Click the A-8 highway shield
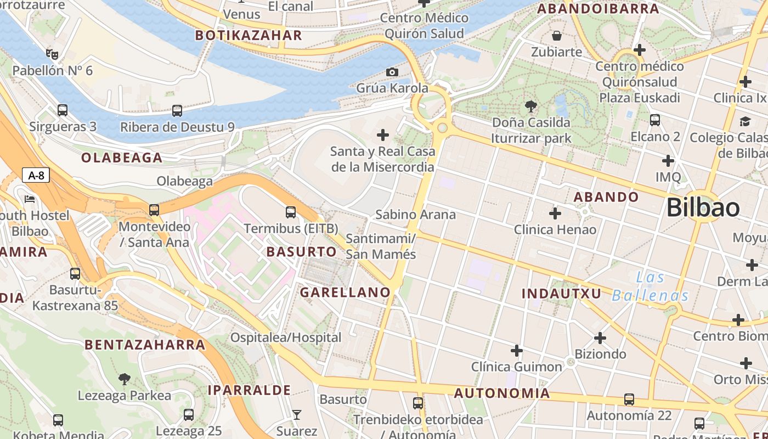pos(36,176)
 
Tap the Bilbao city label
pos(703,208)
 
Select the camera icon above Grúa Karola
pos(392,72)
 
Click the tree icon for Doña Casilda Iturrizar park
pos(530,106)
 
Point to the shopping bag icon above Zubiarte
pos(557,36)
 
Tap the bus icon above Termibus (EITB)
pos(291,212)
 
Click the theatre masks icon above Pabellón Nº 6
pos(52,54)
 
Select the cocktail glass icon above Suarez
pos(297,414)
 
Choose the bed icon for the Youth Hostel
pos(30,199)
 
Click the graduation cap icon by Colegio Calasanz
pos(745,121)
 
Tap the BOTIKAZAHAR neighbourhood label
pos(249,36)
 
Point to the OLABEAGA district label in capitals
pos(122,158)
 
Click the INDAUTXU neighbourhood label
pos(561,294)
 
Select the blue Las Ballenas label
pos(650,287)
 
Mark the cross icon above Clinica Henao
pos(555,213)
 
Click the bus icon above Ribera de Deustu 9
pos(177,111)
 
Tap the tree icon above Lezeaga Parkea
pos(125,379)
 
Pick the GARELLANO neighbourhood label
pos(345,292)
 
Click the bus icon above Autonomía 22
pos(629,399)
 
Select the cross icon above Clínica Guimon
pos(517,350)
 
